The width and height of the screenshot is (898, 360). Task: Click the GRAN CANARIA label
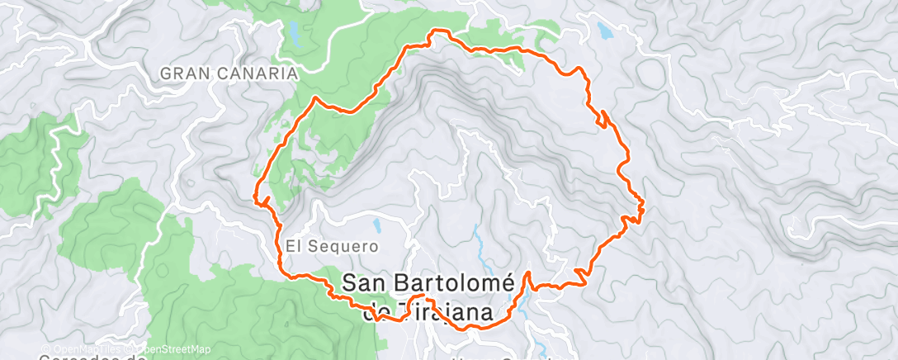228,73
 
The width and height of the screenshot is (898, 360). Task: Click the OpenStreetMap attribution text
173,349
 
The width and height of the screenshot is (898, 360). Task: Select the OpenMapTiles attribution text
83,349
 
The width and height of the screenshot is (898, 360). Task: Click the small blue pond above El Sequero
377,224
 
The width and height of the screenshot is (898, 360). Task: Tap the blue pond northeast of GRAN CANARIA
293,33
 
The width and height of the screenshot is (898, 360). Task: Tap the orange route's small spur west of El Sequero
262,200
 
